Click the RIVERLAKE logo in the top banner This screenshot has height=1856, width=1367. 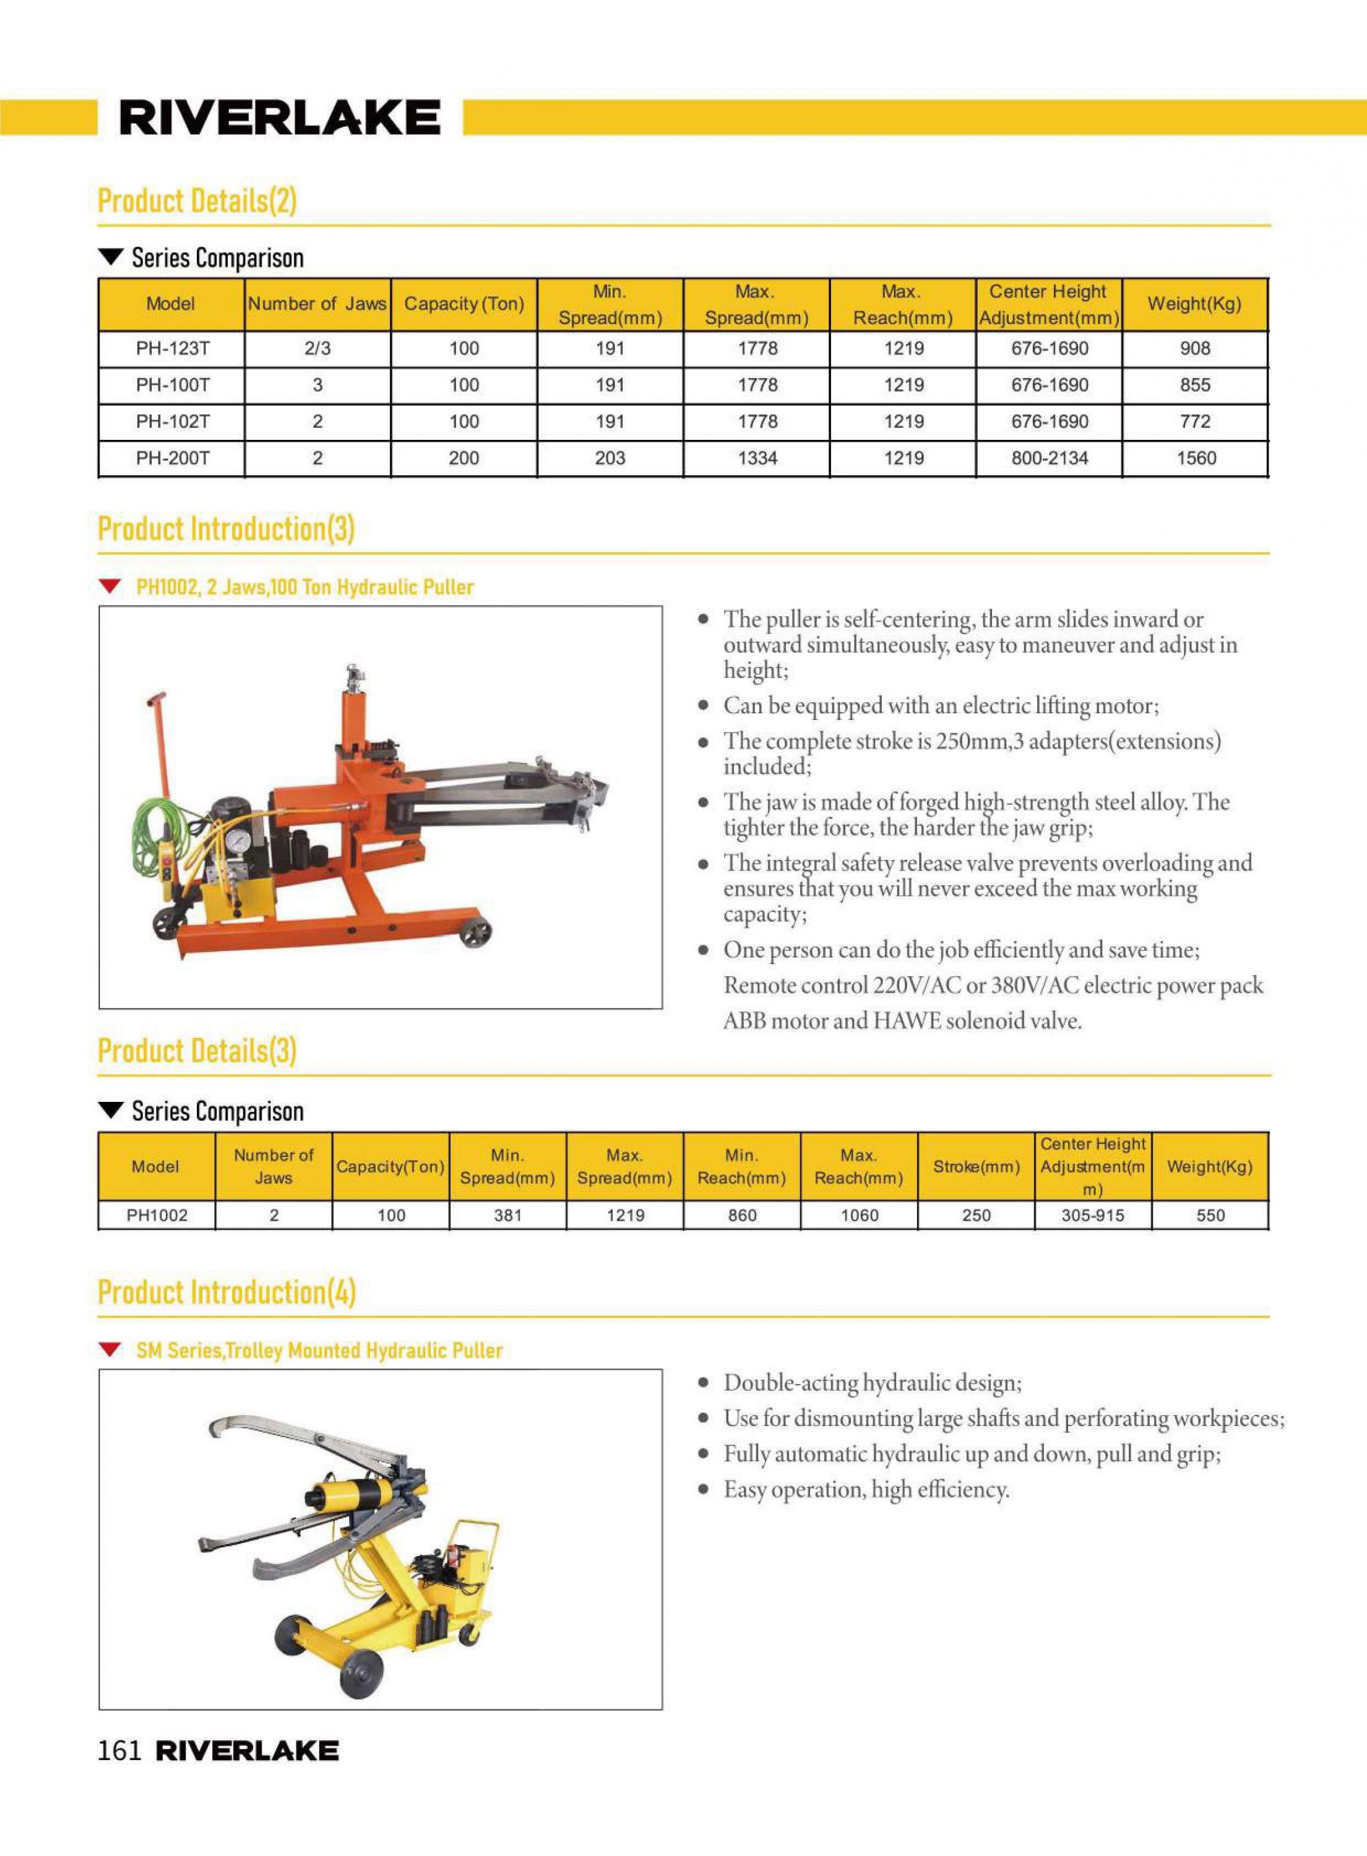tap(280, 118)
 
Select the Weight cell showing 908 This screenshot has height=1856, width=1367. tap(1195, 349)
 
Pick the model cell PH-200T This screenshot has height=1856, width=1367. tap(172, 458)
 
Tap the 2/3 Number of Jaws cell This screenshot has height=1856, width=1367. tap(317, 349)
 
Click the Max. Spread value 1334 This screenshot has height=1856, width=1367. tap(757, 458)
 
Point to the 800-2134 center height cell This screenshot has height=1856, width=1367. tap(1050, 458)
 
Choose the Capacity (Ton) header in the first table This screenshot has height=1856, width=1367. tap(464, 304)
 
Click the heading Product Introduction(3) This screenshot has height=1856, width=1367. tap(226, 530)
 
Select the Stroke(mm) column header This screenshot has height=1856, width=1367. tap(976, 1167)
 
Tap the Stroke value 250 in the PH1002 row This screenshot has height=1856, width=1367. tap(977, 1216)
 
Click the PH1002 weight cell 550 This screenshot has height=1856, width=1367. tap(1210, 1216)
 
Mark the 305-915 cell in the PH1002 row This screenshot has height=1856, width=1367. tap(1092, 1216)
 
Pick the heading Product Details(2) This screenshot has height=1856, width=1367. tap(197, 201)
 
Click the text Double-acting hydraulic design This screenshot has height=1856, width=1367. tap(872, 1383)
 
